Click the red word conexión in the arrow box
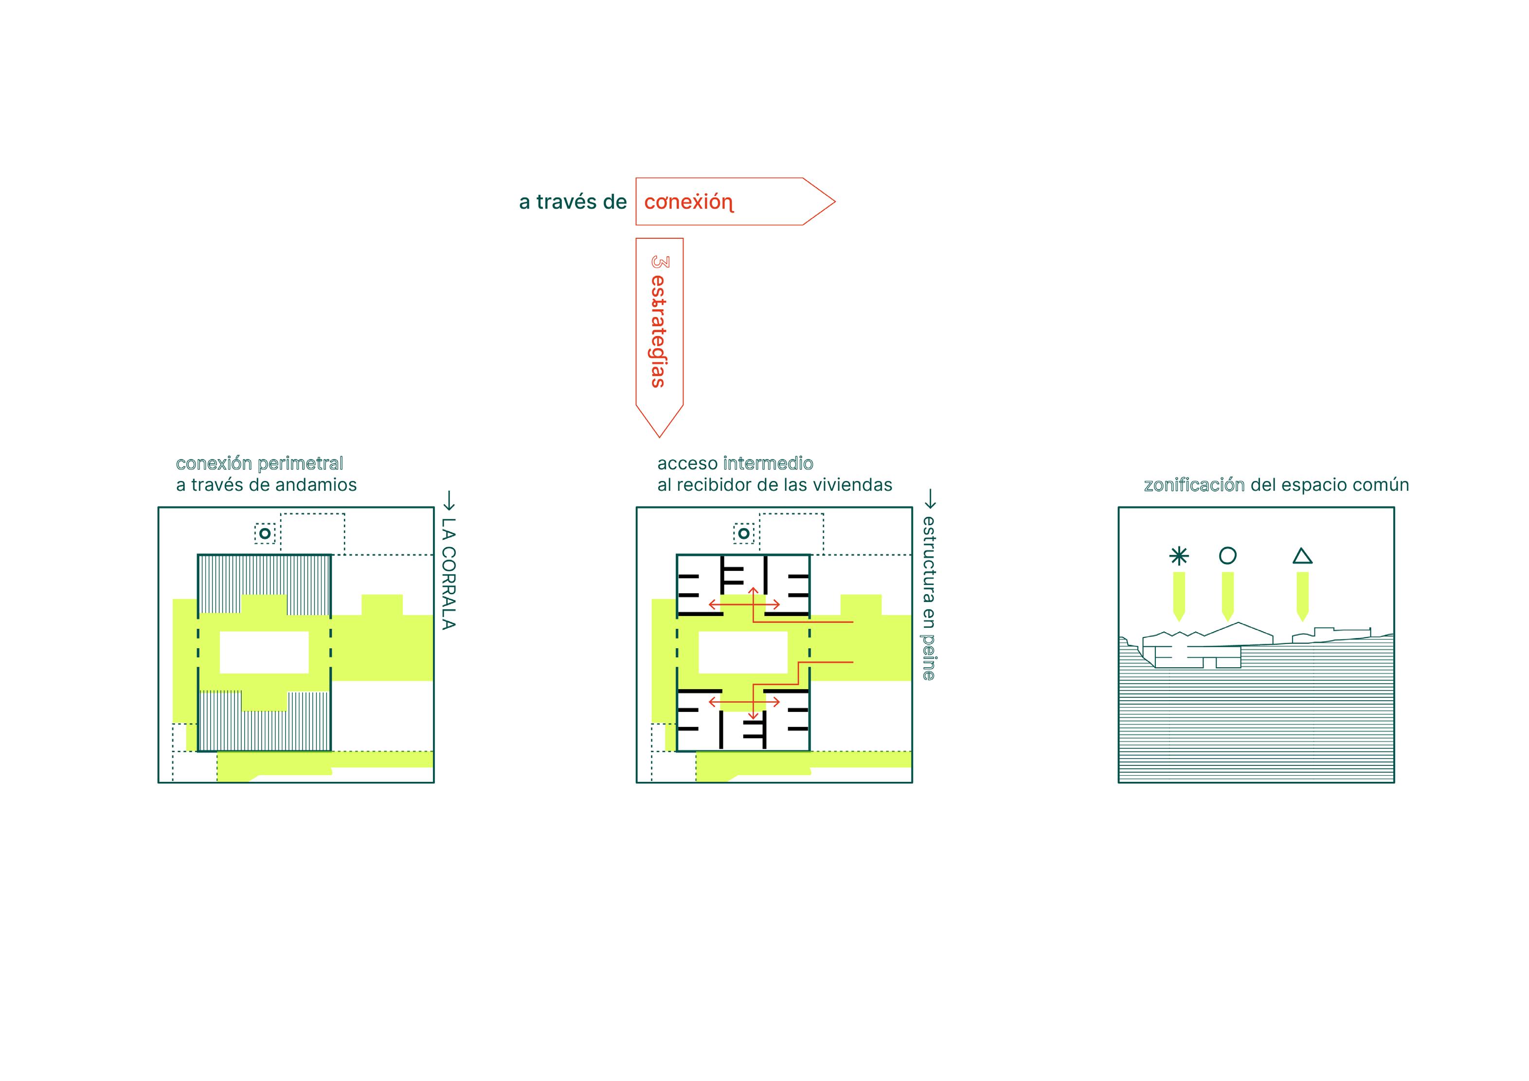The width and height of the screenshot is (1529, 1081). pyautogui.click(x=688, y=202)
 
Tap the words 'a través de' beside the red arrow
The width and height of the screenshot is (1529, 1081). pyautogui.click(x=573, y=202)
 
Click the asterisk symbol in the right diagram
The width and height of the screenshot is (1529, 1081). pyautogui.click(x=1179, y=556)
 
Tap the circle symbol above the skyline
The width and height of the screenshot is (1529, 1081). pyautogui.click(x=1227, y=555)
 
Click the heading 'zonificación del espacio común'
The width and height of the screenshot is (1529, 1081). pyautogui.click(x=1276, y=485)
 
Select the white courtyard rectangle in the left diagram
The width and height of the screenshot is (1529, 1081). pyautogui.click(x=264, y=652)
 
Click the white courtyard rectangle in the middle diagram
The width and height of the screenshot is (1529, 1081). pyautogui.click(x=742, y=652)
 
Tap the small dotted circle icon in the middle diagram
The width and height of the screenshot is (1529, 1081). pyautogui.click(x=744, y=533)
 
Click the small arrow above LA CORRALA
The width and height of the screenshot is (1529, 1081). pyautogui.click(x=449, y=500)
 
